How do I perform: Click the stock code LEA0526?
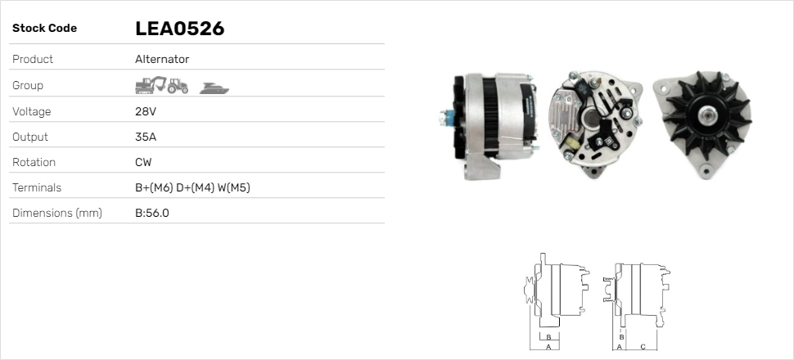(179, 29)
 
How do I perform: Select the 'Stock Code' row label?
(44, 29)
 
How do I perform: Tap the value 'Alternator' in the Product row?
(162, 60)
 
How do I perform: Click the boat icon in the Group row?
(214, 87)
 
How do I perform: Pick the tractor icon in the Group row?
(178, 85)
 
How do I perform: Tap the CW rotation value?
(143, 163)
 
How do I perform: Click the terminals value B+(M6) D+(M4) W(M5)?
(192, 188)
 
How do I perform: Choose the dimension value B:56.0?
(152, 214)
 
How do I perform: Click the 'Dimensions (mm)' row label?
(56, 214)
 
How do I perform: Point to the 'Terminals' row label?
(37, 188)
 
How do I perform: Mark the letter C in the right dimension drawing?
(643, 347)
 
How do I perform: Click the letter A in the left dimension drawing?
(548, 347)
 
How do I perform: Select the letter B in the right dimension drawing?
(622, 336)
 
